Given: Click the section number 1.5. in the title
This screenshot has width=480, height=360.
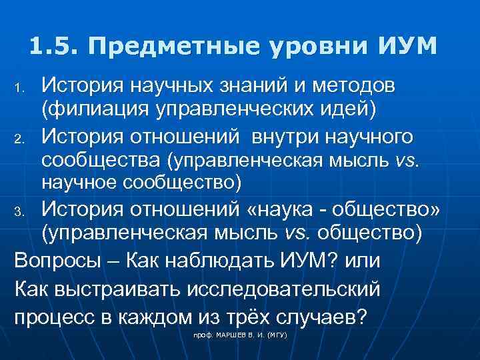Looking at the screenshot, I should (54, 46).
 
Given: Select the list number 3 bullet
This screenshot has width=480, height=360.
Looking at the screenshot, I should (20, 213).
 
